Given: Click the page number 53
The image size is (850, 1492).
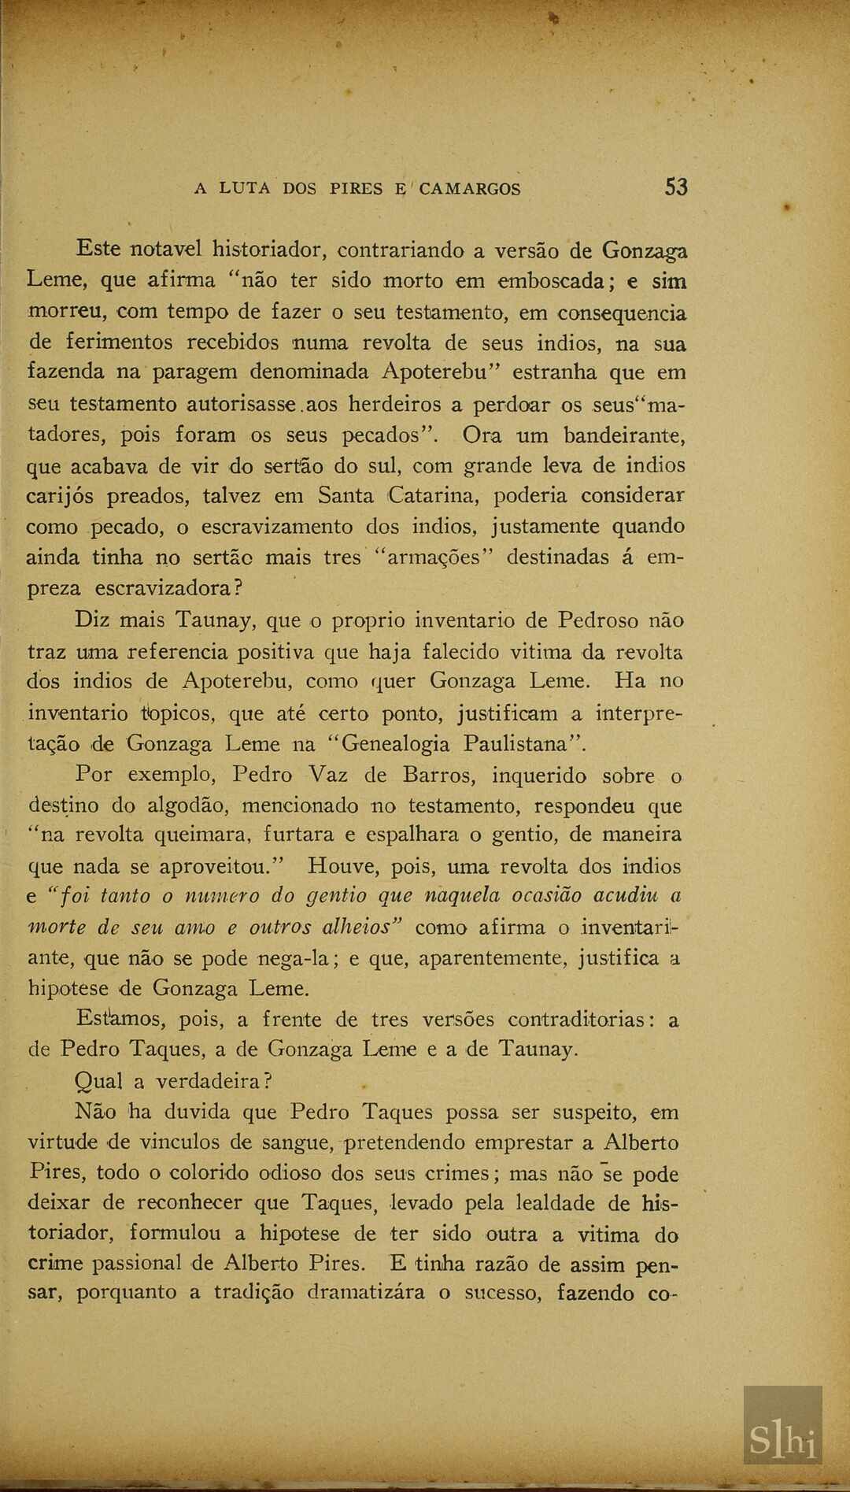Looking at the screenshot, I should point(676,187).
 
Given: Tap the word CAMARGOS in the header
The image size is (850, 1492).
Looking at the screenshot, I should point(470,189).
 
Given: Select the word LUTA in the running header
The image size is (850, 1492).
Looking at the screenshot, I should point(246,189).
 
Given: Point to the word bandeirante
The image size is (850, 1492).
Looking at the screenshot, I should point(626,435).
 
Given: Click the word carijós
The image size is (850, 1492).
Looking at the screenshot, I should point(60,497).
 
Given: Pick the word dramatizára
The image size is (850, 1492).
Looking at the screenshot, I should point(368,1293).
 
